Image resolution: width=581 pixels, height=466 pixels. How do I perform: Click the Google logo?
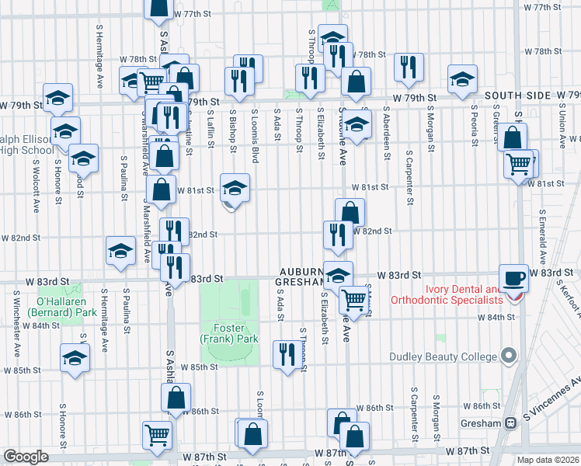click(x=26, y=457)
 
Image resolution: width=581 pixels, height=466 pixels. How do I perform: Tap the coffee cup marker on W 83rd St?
click(x=513, y=278)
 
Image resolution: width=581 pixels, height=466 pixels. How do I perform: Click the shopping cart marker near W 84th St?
click(x=354, y=299)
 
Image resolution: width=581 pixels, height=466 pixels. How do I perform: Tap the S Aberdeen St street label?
click(x=387, y=135)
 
